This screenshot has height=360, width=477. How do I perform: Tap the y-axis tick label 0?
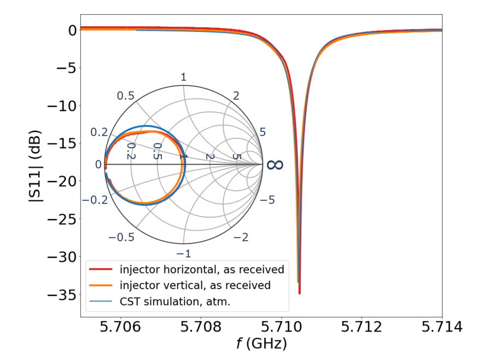(x=69, y=31)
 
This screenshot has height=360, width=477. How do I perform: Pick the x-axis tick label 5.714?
(x=442, y=328)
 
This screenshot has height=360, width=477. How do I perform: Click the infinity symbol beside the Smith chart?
(x=275, y=164)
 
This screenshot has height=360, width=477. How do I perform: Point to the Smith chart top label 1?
(x=183, y=77)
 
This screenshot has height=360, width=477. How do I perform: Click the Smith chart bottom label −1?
(x=183, y=253)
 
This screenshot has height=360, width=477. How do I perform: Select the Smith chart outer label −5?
(x=266, y=200)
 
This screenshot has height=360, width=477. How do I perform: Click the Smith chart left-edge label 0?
(x=98, y=165)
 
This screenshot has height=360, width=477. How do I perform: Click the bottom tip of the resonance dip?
(x=299, y=293)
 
